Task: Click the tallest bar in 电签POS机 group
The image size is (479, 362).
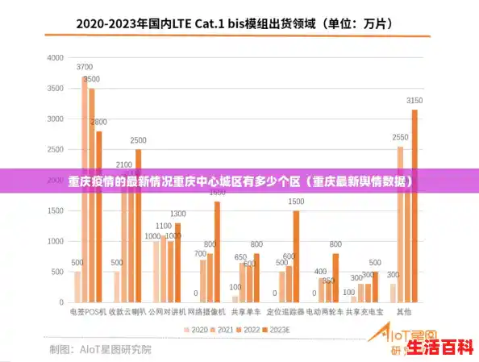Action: (85, 189)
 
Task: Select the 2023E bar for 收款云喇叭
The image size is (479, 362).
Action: (138, 226)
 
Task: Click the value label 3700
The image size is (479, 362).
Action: (85, 68)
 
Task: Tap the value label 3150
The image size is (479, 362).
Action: (414, 100)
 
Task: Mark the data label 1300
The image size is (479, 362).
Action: (178, 214)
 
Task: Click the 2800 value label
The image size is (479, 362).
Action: (98, 123)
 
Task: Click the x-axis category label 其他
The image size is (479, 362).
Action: (404, 311)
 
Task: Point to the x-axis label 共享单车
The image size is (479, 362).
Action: (245, 311)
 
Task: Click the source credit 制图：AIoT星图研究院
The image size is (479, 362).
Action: (100, 349)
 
